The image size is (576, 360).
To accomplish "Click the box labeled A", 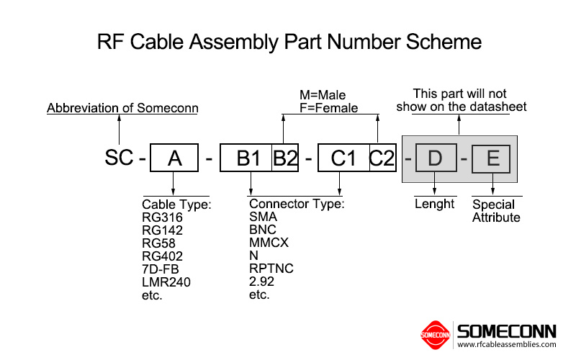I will click(174, 158).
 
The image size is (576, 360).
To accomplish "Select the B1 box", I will click(246, 158).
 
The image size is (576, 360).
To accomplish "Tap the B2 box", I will click(284, 158).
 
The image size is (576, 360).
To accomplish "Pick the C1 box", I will click(343, 158).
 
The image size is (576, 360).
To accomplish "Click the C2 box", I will click(382, 158).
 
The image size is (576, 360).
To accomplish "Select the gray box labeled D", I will click(436, 158).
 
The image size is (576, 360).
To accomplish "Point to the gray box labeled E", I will click(492, 158).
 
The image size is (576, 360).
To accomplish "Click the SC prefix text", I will click(119, 158).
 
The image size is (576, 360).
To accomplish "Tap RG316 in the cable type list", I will click(162, 217).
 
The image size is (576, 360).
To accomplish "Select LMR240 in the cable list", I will click(166, 282).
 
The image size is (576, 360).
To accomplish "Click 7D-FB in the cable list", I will click(161, 269).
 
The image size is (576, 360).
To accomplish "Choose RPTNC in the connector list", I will click(271, 269).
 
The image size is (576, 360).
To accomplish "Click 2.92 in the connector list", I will click(261, 282).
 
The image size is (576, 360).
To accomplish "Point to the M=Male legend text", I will click(323, 95).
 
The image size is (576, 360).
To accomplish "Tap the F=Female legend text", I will click(328, 108).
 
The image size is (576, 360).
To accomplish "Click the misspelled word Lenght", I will click(435, 204).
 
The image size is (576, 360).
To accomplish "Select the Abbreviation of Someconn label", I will click(122, 109).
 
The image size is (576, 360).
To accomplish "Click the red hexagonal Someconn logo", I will click(436, 335).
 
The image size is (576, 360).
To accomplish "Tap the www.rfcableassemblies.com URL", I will click(507, 345).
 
